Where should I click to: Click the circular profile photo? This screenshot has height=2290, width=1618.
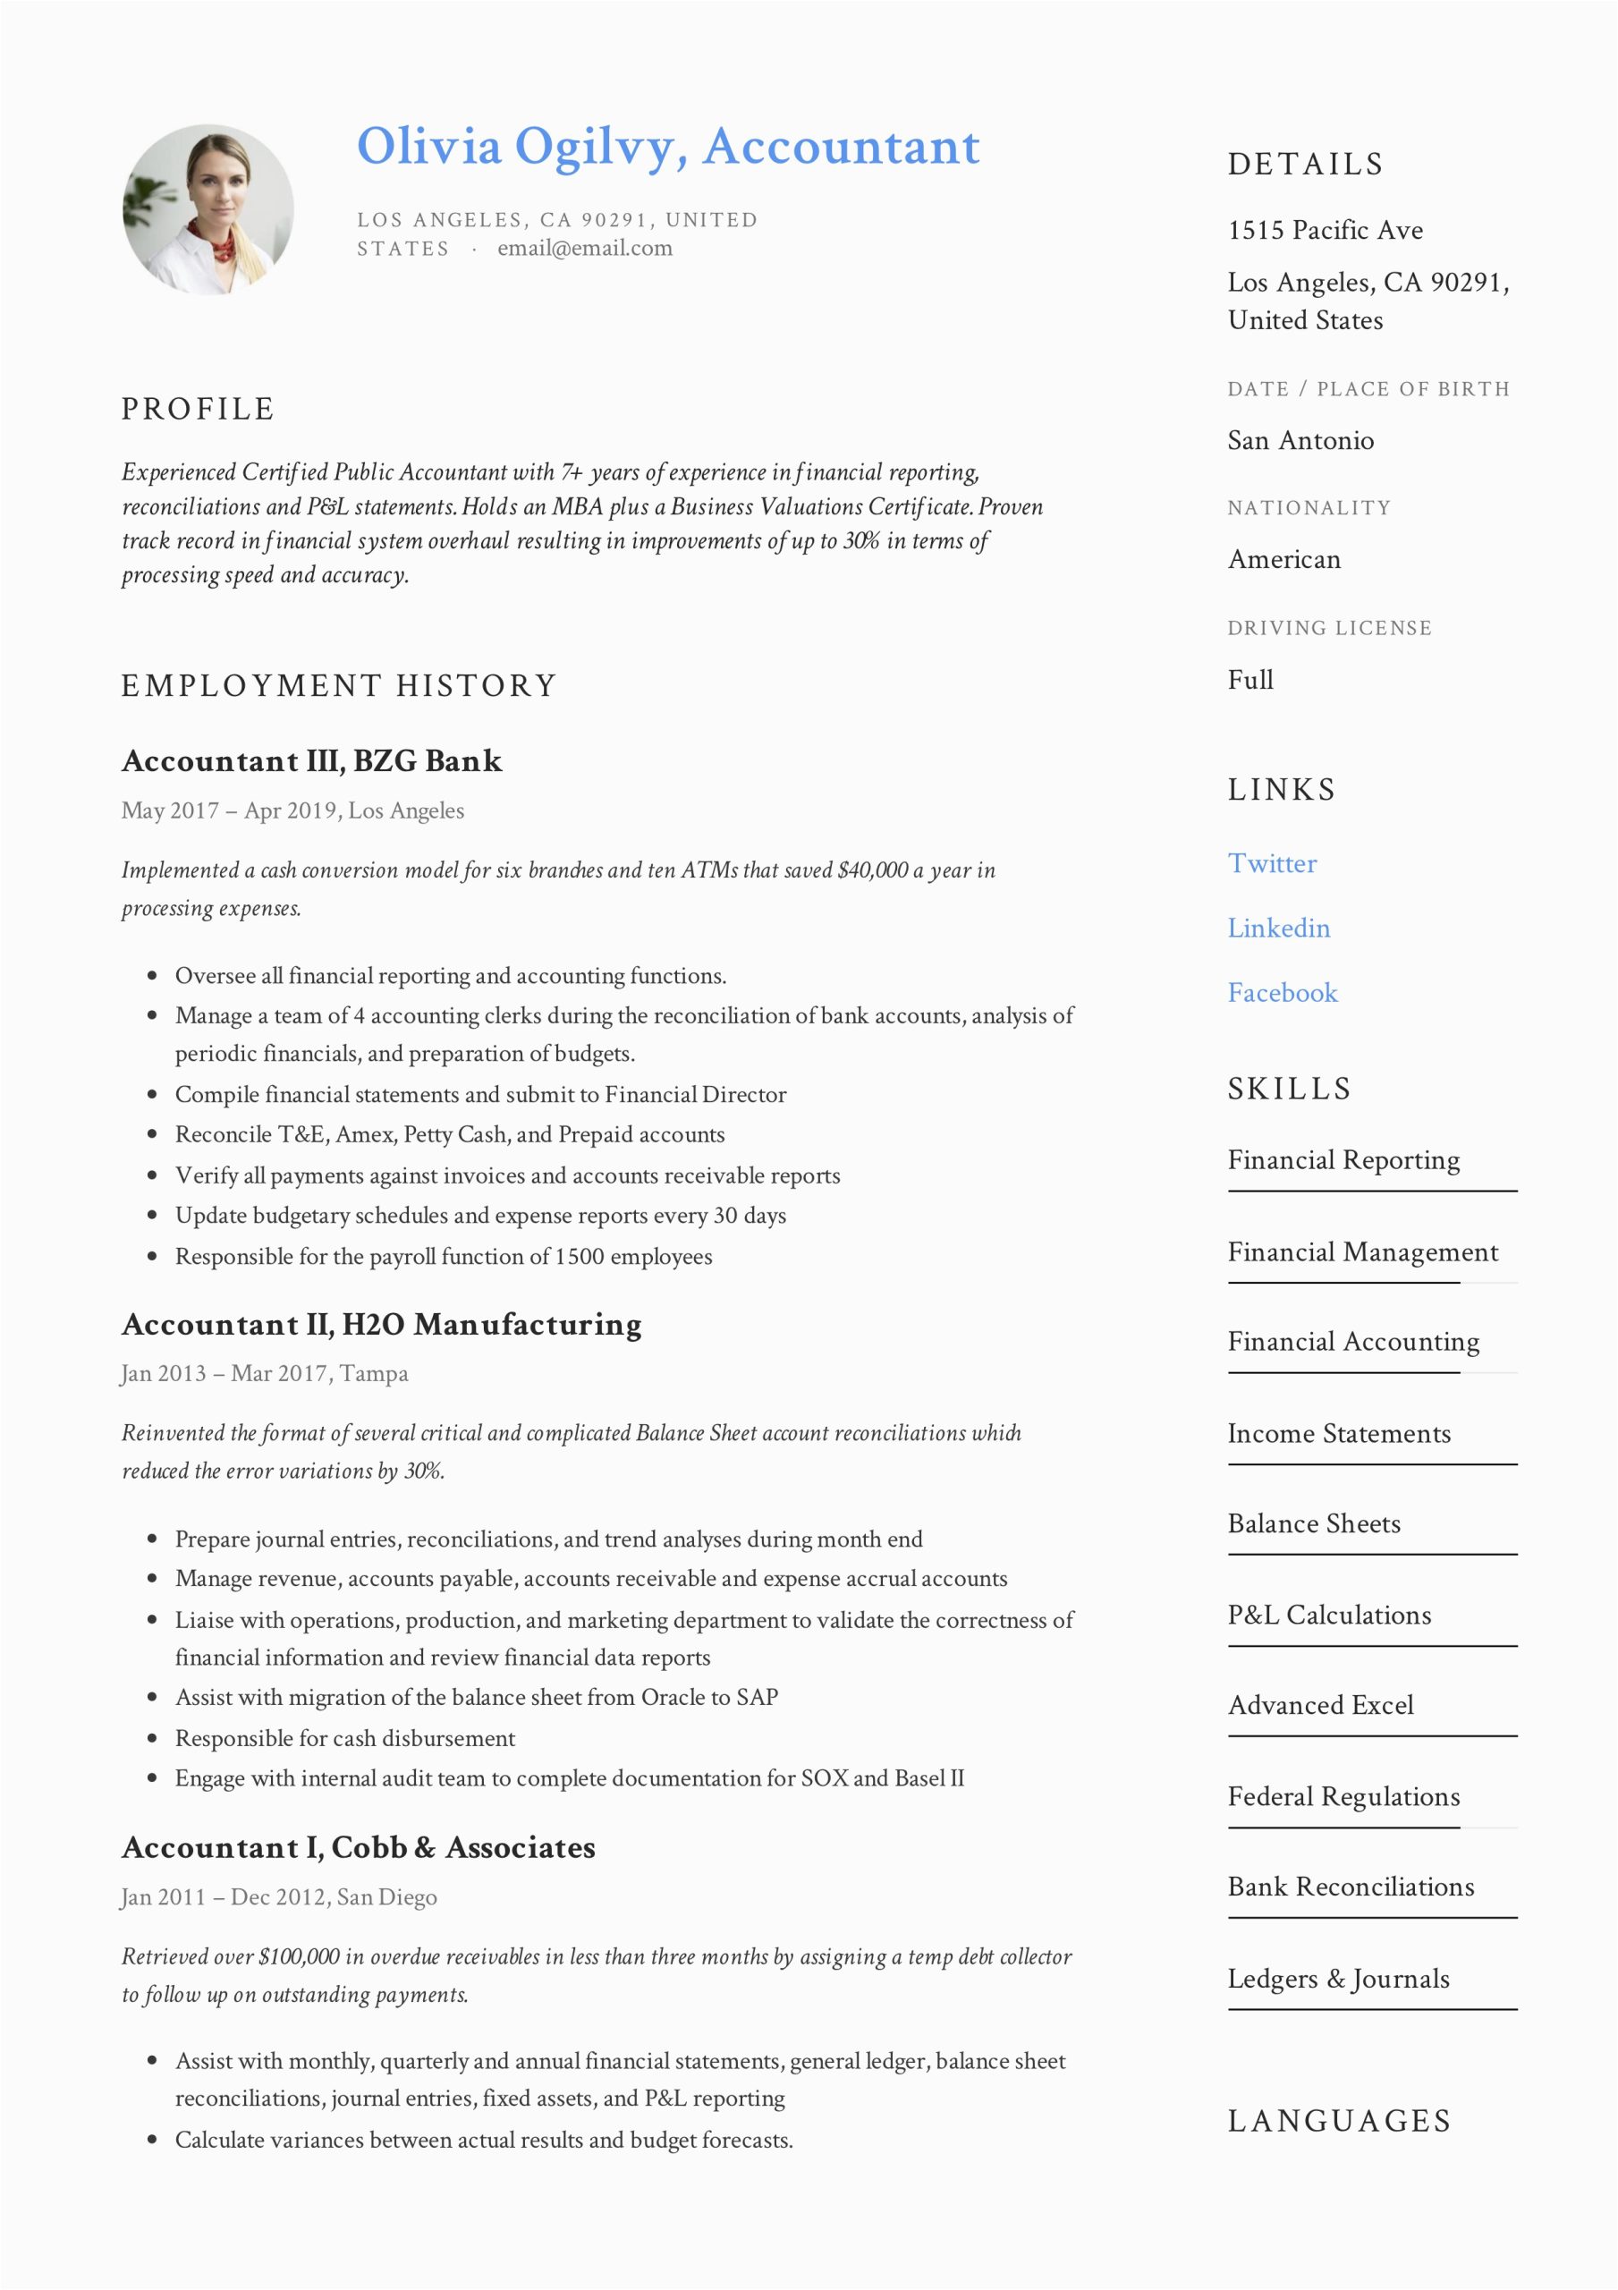(208, 209)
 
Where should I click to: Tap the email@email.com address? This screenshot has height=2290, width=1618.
(585, 249)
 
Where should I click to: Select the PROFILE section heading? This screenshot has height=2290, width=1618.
(198, 409)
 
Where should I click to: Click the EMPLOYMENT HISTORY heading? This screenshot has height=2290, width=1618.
(338, 685)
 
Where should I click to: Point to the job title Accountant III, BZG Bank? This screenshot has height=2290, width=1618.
(311, 761)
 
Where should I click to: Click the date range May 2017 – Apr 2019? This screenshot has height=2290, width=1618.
(228, 810)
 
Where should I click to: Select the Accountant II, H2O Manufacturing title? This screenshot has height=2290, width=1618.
(381, 1325)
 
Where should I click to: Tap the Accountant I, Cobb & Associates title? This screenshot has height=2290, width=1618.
(358, 1847)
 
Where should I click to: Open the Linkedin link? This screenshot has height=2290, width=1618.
(1278, 928)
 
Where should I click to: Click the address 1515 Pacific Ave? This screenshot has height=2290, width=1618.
(1325, 231)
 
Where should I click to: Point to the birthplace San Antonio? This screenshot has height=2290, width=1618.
(1300, 440)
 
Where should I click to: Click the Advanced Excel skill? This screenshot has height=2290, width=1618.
(1320, 1705)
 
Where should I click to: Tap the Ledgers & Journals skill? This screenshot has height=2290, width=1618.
(1338, 1978)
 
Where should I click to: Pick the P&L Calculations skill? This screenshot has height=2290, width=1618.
(1329, 1614)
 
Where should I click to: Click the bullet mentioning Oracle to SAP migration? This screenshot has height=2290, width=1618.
(476, 1697)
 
